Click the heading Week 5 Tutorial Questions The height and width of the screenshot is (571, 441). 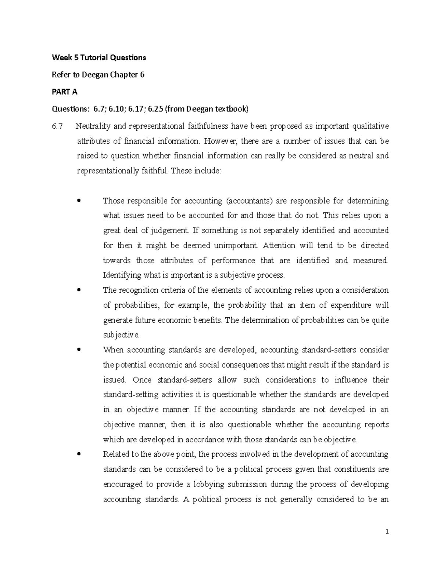[99, 57]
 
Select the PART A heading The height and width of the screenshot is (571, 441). [65, 92]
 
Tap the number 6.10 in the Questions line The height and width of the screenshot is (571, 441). [115, 109]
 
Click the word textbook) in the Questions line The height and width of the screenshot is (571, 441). [230, 109]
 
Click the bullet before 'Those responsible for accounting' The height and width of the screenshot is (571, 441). [79, 201]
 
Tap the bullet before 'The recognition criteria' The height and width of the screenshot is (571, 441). [79, 290]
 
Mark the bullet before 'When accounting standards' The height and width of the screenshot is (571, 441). [79, 350]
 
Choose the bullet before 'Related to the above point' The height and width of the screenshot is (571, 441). [79, 454]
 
